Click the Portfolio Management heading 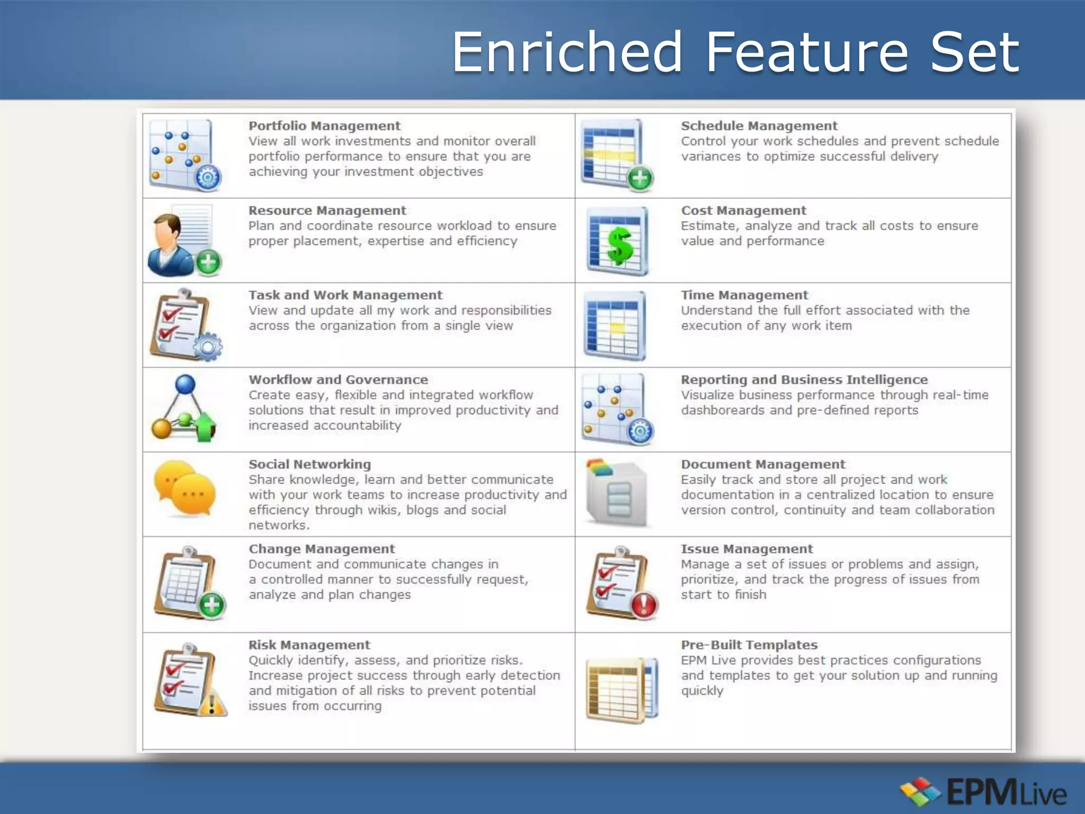point(324,126)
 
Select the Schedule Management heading point(759,126)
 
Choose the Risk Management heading point(309,645)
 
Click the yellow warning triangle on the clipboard point(213,704)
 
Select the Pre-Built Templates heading point(749,645)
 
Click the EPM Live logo point(983,792)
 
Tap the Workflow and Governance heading point(338,380)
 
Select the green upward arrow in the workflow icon point(206,427)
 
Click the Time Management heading point(744,295)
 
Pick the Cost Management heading point(743,211)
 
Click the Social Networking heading point(309,465)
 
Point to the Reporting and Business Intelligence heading point(804,380)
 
